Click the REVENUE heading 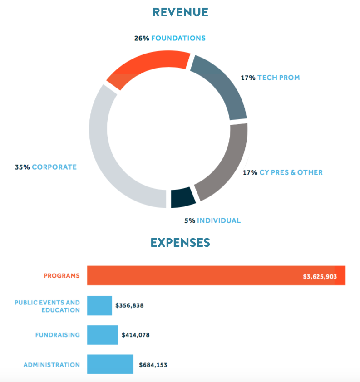point(180,12)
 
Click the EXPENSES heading point(180,243)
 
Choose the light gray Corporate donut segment point(109,150)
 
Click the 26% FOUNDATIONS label point(170,38)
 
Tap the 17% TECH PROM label point(270,78)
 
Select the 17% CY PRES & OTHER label point(282,172)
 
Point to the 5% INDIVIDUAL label point(212,220)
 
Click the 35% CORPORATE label point(46,167)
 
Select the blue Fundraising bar point(102,335)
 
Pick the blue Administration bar point(110,364)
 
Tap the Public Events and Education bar point(99,306)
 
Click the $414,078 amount point(136,335)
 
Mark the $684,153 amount point(153,365)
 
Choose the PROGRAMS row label point(62,275)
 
